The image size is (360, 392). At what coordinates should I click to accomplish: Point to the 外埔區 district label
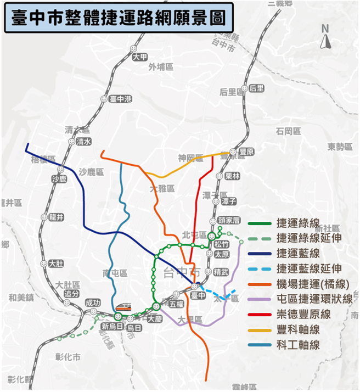[161, 67]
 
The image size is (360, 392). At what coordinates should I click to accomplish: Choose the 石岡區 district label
[289, 131]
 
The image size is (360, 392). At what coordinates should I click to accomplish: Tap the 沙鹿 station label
[58, 179]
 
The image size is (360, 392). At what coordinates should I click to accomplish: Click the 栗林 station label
[233, 176]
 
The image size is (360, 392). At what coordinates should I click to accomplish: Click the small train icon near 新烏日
[123, 306]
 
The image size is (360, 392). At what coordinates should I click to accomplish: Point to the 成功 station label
[93, 303]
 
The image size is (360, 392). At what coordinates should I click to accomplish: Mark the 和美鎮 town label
[21, 298]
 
